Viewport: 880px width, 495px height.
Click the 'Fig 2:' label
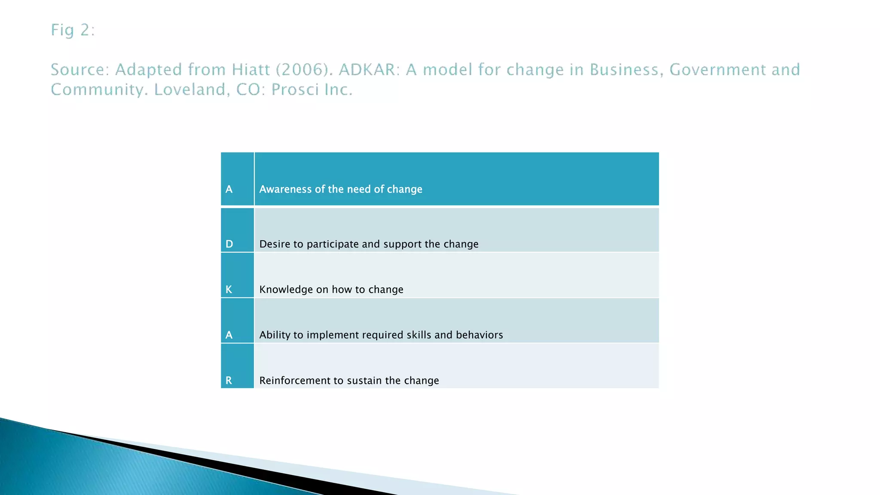tap(73, 31)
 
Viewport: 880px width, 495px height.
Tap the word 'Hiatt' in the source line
tap(250, 70)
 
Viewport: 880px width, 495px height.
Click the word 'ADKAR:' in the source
tap(369, 70)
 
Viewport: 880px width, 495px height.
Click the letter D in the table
tap(229, 244)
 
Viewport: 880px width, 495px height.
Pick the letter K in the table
tap(229, 290)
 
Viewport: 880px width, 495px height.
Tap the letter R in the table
tap(229, 380)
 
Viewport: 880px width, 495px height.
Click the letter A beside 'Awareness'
tap(229, 189)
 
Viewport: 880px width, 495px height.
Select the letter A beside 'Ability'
tap(229, 335)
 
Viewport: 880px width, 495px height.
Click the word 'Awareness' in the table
tap(285, 189)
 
